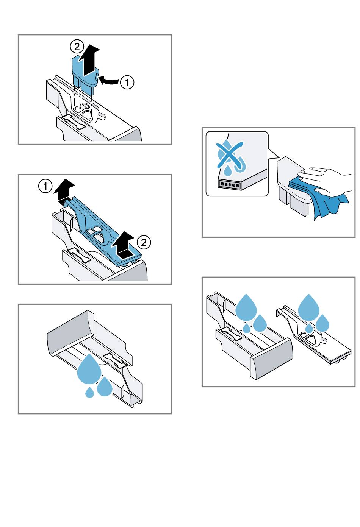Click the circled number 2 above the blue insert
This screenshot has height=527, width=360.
click(x=77, y=47)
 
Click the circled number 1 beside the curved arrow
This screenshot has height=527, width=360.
click(x=127, y=83)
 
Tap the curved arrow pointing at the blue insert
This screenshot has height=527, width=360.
click(x=108, y=81)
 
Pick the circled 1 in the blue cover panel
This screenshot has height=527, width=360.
click(x=45, y=187)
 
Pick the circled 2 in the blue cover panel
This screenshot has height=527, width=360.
click(x=144, y=242)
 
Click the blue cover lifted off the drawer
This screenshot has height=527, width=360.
click(x=103, y=231)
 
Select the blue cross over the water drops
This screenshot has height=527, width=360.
click(x=230, y=156)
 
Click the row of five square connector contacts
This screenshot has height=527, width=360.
click(x=229, y=184)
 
